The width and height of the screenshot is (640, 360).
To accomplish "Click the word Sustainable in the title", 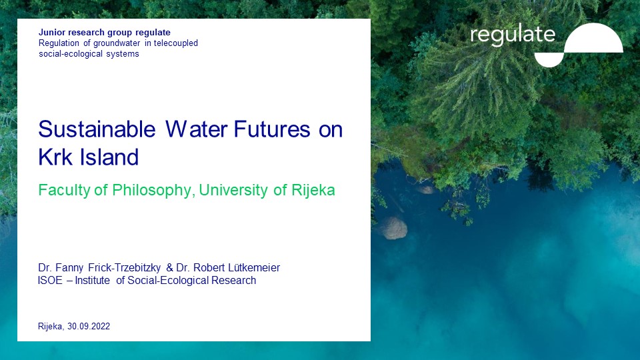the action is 97,129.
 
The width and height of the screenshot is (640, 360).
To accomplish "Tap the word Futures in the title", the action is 272,129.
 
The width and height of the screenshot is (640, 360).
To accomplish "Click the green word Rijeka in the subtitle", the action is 313,190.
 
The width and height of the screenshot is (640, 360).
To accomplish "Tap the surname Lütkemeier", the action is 254,268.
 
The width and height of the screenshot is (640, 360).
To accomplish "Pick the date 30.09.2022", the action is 89,326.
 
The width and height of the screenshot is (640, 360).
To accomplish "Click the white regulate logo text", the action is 513,35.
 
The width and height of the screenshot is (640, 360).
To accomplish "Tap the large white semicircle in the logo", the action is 594,38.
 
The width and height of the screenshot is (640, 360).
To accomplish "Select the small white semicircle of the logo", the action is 549,60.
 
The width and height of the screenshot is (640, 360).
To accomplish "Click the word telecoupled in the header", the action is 176,43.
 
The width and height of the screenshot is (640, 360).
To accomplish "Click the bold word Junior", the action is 52,32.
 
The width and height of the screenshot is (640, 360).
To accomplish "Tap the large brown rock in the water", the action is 393,228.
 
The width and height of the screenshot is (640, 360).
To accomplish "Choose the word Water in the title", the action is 196,129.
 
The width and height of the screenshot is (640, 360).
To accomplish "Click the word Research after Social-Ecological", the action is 233,281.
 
